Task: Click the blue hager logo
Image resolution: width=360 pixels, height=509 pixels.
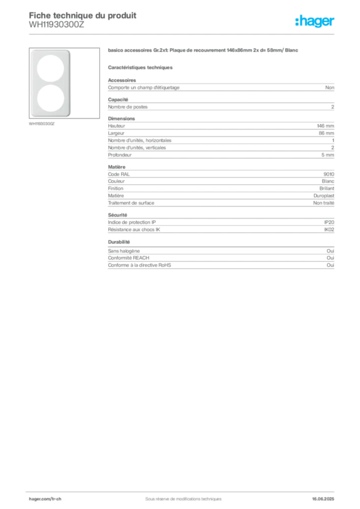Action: [x=316, y=21]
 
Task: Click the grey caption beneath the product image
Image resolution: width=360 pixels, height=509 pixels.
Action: [x=42, y=124]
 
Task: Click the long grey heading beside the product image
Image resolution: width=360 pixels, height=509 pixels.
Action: [x=204, y=51]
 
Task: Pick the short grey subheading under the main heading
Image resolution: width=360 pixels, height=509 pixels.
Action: [x=141, y=67]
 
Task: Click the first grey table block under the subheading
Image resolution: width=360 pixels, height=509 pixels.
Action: [x=221, y=87]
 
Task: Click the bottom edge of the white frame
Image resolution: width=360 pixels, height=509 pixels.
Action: [x=50, y=116]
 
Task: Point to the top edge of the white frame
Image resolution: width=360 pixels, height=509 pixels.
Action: [x=50, y=51]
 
